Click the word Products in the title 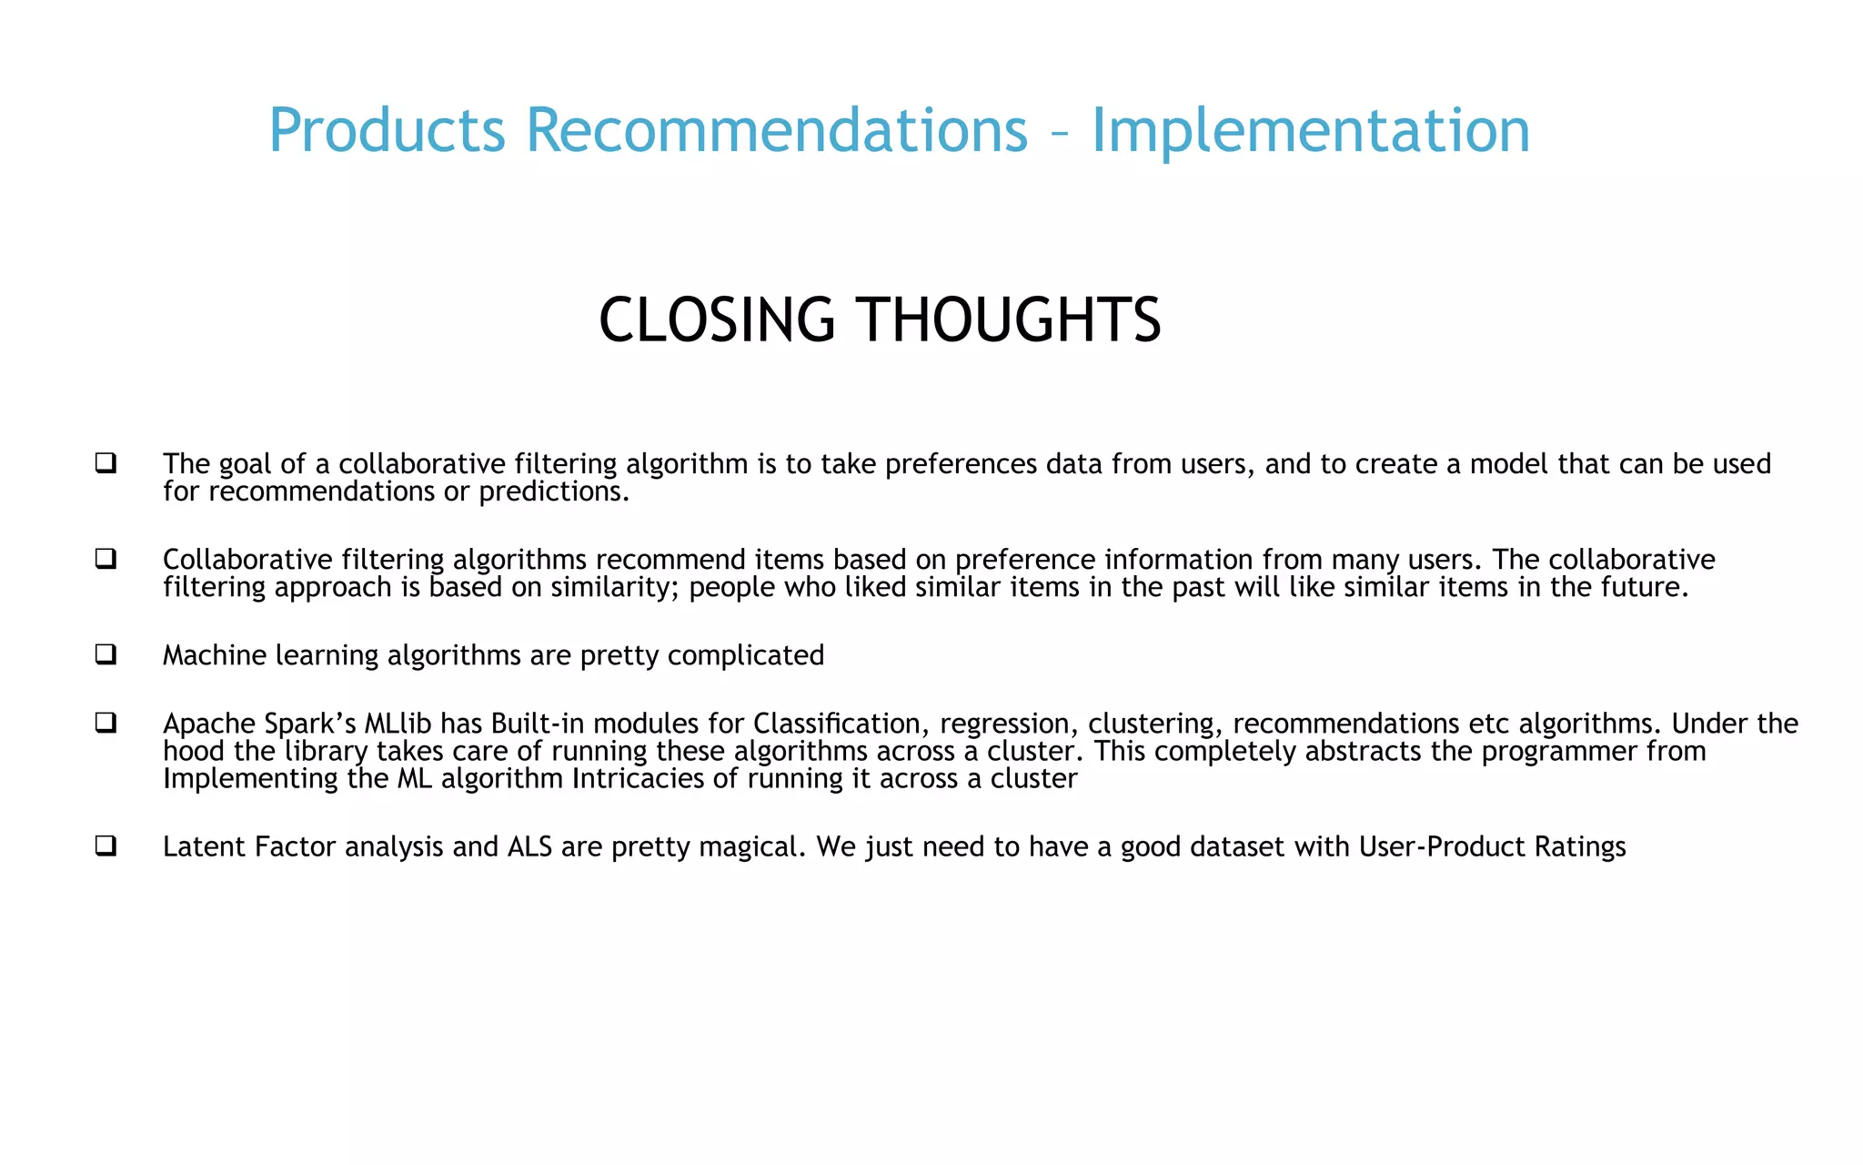(x=387, y=131)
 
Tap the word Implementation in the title (x=1310, y=131)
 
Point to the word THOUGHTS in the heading (x=1010, y=320)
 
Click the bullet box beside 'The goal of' (x=106, y=462)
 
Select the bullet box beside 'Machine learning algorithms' (x=106, y=653)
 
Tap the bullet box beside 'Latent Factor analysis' (x=106, y=846)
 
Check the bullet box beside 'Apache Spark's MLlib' (x=106, y=723)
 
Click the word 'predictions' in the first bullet (x=551, y=492)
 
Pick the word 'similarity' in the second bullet (x=601, y=588)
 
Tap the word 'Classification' (x=836, y=724)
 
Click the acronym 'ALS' (x=529, y=847)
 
